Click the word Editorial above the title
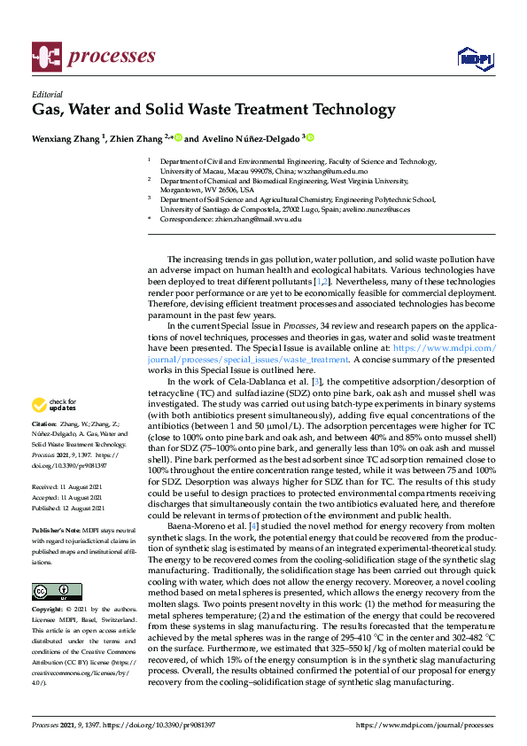48,95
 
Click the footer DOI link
165,725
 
